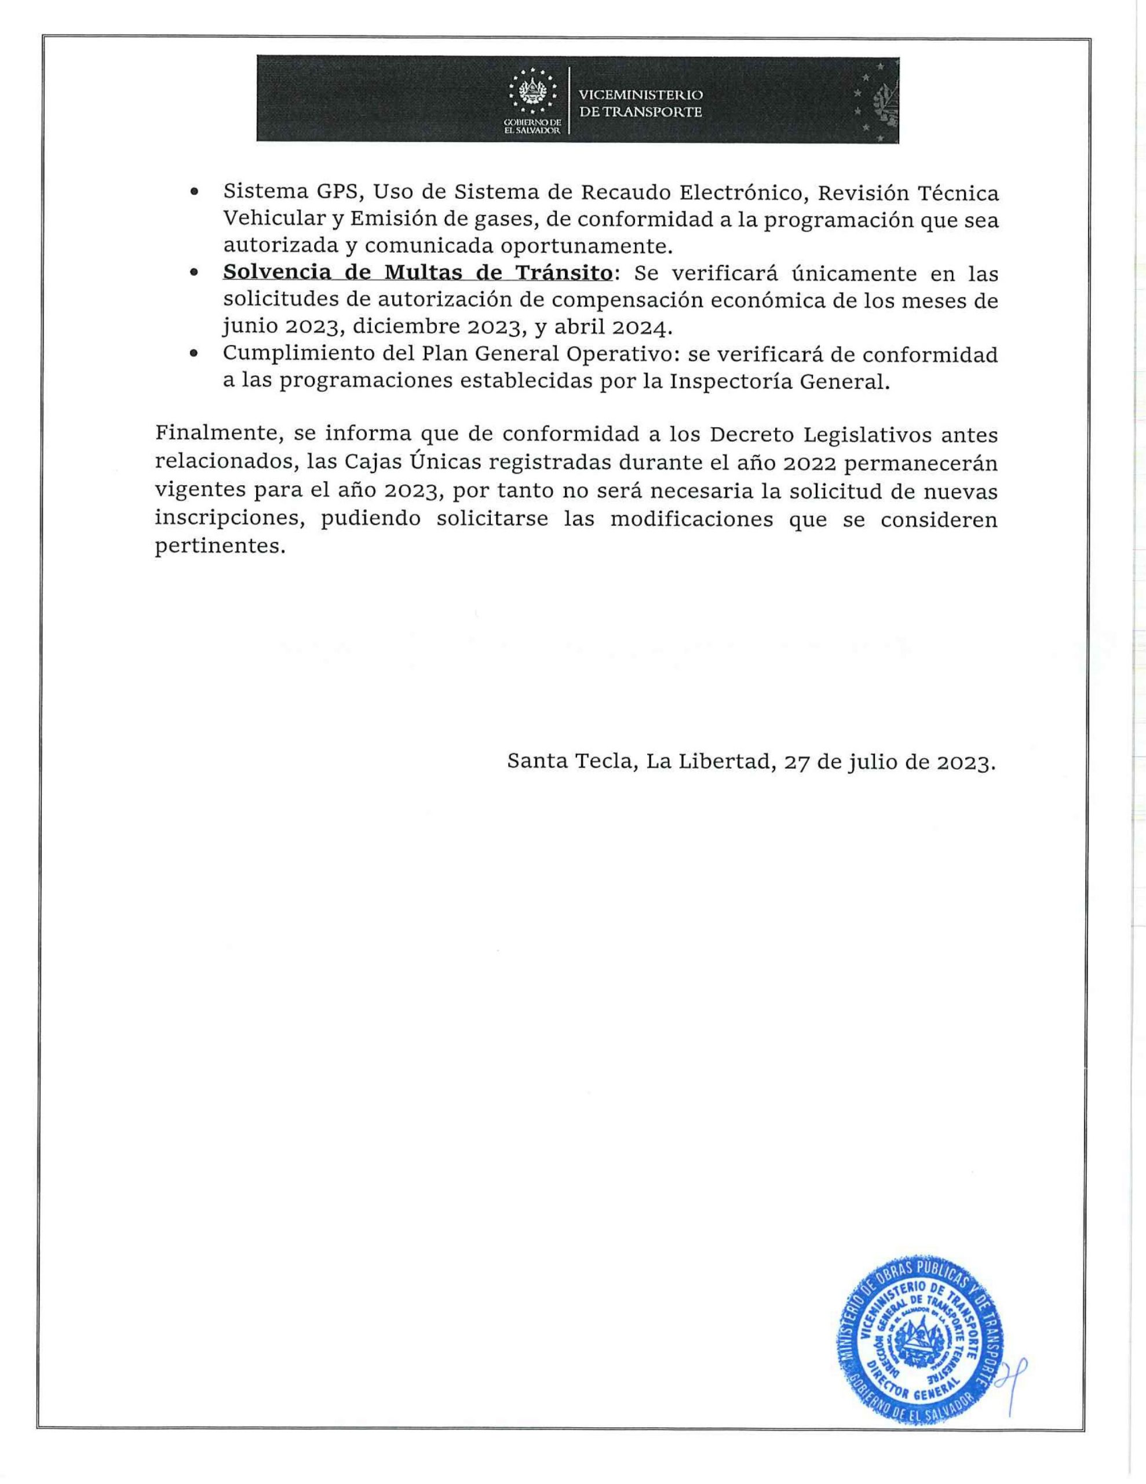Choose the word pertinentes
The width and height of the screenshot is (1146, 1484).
217,546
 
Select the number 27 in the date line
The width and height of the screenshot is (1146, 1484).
795,762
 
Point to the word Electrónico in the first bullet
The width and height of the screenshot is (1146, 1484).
743,193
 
